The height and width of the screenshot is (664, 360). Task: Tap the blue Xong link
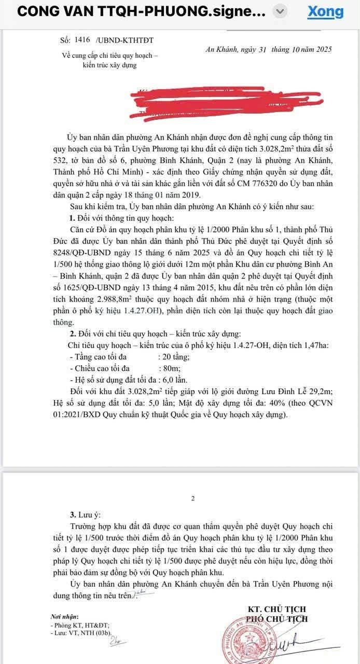tap(325, 11)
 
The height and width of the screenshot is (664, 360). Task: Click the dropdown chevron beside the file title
tap(280, 11)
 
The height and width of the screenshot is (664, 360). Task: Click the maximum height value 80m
tap(168, 368)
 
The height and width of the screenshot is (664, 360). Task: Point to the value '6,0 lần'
tap(176, 380)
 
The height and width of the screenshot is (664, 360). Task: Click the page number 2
tap(193, 499)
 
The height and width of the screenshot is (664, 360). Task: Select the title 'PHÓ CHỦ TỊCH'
tap(277, 619)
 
